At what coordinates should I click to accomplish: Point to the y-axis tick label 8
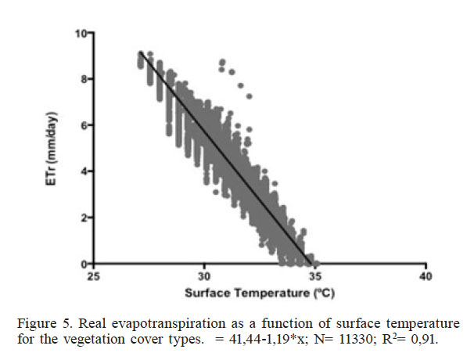85,79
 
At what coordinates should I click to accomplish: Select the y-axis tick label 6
85,125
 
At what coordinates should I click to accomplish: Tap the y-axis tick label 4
85,171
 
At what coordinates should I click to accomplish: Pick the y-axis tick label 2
85,218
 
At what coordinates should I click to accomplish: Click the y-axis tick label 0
85,263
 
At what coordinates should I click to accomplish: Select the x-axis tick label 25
94,277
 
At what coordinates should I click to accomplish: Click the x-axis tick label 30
204,277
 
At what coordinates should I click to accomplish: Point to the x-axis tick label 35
314,277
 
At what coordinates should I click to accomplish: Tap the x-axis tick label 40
425,277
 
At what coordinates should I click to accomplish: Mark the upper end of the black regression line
140,52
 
